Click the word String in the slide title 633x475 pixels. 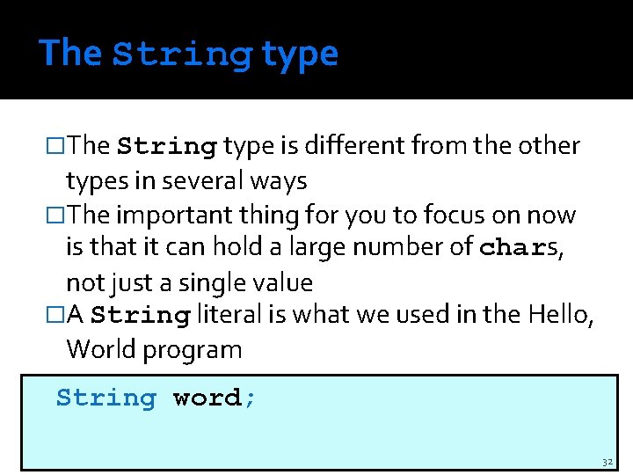[x=181, y=54]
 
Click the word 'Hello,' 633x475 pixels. [x=559, y=315]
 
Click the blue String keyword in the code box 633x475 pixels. [x=105, y=398]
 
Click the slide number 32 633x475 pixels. [x=608, y=462]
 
